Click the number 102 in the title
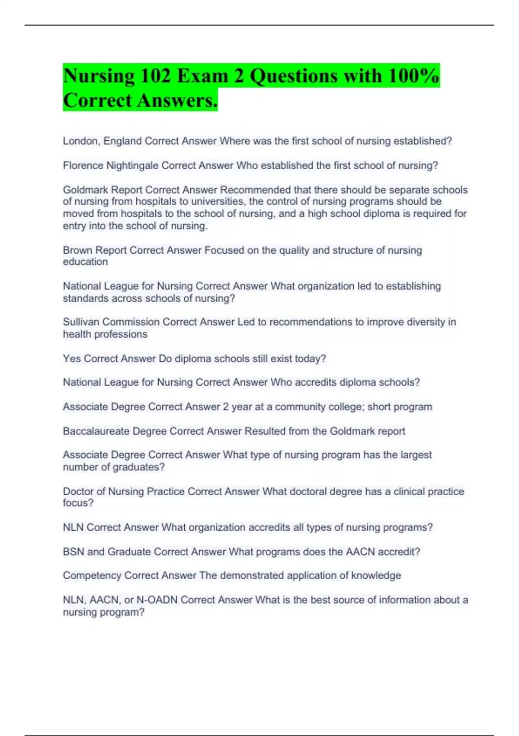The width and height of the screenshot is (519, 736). [x=155, y=76]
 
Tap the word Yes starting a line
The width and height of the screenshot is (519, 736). [x=72, y=358]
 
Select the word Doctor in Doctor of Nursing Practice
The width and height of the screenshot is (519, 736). [x=77, y=491]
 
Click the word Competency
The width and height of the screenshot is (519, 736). [x=92, y=575]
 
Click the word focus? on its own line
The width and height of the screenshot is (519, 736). [x=78, y=503]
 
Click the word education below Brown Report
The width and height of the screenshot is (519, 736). [x=85, y=262]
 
